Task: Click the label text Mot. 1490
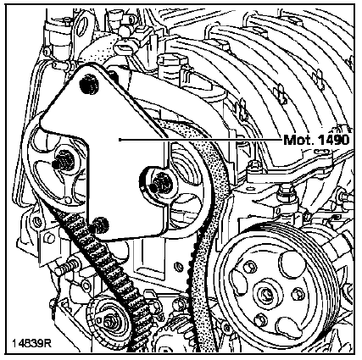tap(316, 140)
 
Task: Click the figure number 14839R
tap(31, 344)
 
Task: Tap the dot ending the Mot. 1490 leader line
tap(120, 140)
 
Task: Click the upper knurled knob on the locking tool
tap(89, 84)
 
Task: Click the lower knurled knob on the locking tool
tap(101, 225)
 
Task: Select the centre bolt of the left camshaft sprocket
tap(62, 163)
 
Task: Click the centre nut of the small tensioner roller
tap(109, 321)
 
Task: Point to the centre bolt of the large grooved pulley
tap(265, 295)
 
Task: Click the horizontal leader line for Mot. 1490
tap(202, 140)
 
